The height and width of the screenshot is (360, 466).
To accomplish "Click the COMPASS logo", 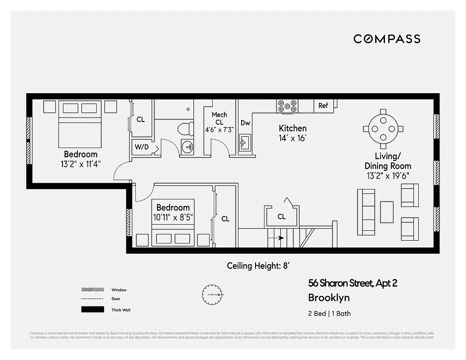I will pyautogui.click(x=387, y=39).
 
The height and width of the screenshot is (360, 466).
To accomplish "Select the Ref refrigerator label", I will pyautogui.click(x=323, y=106).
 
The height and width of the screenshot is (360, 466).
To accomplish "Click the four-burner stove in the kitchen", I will pyautogui.click(x=287, y=106).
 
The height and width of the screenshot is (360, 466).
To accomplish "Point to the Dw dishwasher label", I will pyautogui.click(x=245, y=123).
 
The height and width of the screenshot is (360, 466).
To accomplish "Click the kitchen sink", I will pyautogui.click(x=245, y=144).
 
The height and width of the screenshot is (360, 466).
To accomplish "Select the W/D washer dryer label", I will pyautogui.click(x=142, y=147).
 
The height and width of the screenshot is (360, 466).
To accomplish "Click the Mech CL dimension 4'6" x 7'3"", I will pyautogui.click(x=219, y=130).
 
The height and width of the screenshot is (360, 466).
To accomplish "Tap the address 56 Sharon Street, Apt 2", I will pyautogui.click(x=352, y=283).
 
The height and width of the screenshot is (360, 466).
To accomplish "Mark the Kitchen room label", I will pyautogui.click(x=292, y=128).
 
